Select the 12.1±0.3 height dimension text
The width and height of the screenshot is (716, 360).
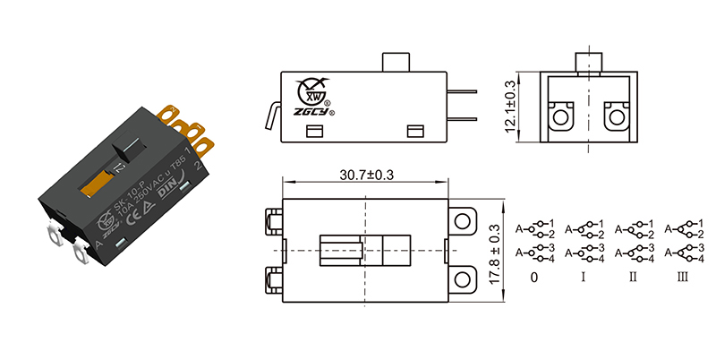510,105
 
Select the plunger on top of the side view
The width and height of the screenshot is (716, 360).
395,63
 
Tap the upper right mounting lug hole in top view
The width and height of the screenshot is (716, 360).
462,220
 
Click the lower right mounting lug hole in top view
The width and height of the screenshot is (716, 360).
462,281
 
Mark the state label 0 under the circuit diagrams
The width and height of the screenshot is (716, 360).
534,278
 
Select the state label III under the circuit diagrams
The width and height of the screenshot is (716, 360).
683,278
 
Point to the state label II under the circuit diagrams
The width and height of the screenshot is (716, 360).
633,278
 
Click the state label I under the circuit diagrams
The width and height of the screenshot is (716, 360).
584,278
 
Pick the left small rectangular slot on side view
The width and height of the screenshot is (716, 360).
314,132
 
